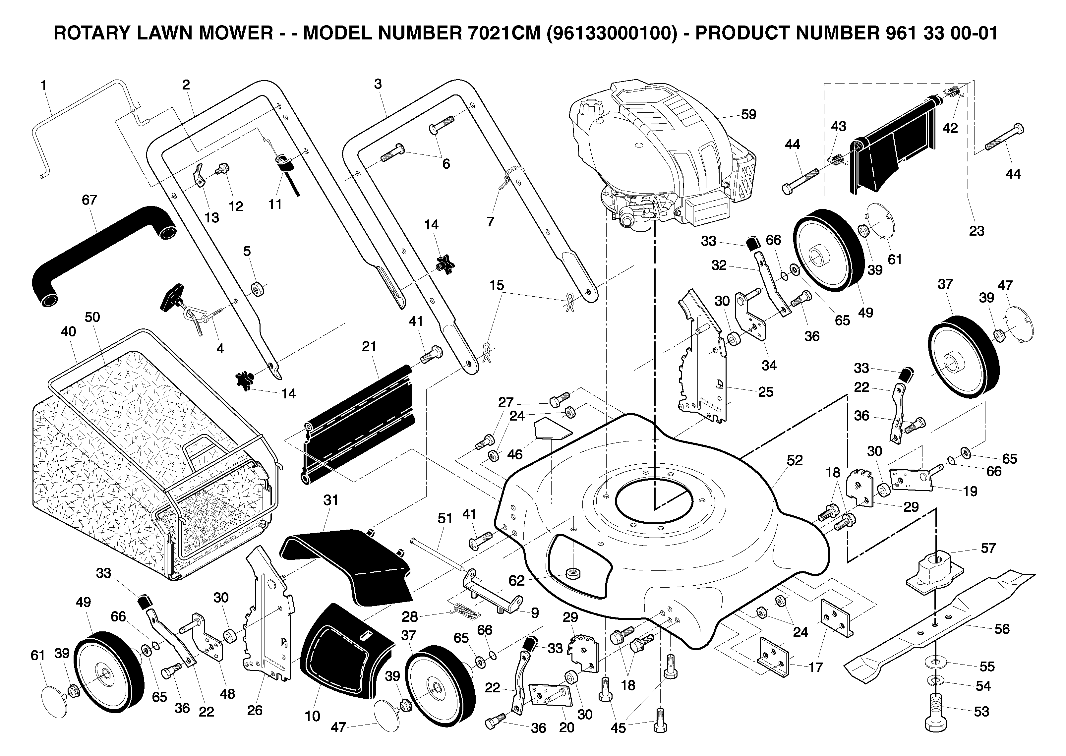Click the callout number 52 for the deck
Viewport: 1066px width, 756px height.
795,460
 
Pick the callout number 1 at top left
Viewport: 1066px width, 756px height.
43,86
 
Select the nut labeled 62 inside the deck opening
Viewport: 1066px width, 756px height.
572,573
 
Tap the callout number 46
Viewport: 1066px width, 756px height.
515,454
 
